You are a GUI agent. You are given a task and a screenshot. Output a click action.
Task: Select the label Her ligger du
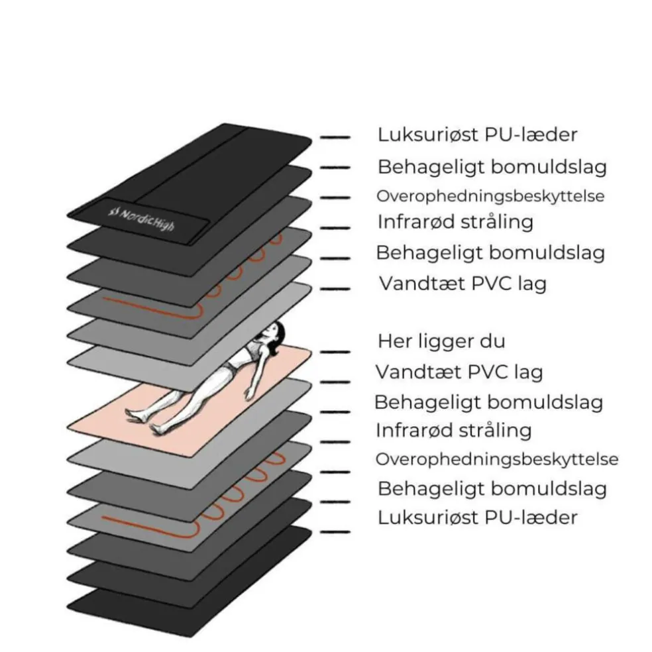point(441,341)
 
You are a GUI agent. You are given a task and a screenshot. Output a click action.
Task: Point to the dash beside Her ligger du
point(335,351)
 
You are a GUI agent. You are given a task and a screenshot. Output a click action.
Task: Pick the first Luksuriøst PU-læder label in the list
point(477,135)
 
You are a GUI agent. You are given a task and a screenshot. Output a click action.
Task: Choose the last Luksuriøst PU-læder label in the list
point(477,517)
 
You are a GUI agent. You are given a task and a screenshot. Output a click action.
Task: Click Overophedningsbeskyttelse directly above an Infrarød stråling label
point(490,196)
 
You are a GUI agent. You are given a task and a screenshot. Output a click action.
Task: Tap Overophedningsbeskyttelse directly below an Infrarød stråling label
point(496,459)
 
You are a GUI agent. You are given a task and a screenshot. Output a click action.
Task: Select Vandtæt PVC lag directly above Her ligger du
point(462,284)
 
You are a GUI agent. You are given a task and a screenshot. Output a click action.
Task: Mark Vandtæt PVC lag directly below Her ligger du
point(459,372)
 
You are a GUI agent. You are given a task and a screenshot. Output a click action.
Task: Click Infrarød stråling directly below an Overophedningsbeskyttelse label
point(455,221)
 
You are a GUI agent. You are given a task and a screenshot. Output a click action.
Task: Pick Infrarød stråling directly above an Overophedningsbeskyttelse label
point(453,430)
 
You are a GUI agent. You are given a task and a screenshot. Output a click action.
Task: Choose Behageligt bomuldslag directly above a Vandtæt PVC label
point(490,252)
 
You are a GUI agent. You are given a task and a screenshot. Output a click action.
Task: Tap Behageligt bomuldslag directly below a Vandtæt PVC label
point(488,402)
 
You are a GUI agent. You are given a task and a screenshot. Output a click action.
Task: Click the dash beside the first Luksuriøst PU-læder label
point(335,137)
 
